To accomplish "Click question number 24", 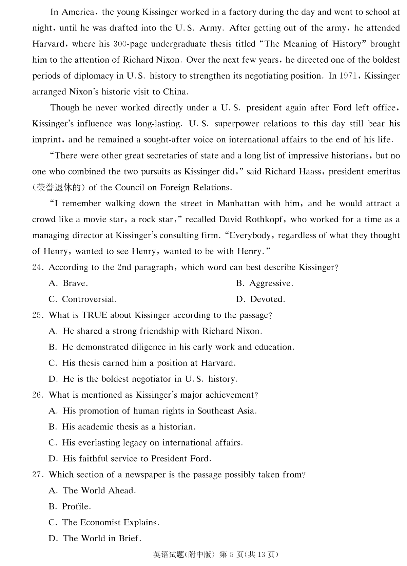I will coord(37,268).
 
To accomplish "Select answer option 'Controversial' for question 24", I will coord(89,299).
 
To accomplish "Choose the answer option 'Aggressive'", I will coord(271,284).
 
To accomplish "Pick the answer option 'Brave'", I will coord(75,284).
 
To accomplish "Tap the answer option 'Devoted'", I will coord(267,299).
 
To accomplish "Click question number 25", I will coord(37,315).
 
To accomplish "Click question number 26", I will coord(37,395).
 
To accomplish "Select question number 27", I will coord(37,475).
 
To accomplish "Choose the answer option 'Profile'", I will coord(76,507).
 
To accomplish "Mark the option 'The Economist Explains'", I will coord(110,523).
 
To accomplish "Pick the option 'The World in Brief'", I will coord(102,539).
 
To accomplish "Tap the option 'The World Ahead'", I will coord(99,491).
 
